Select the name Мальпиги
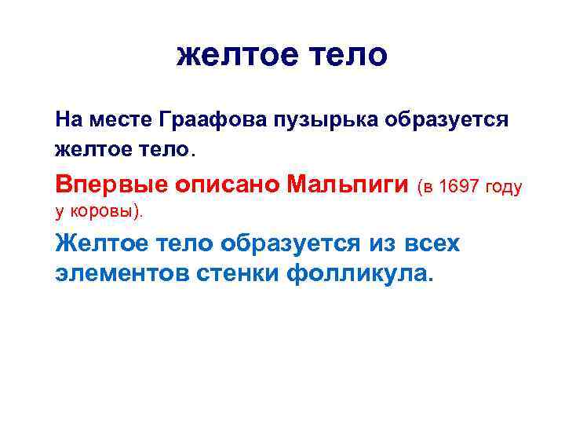(348, 185)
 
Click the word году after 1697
(504, 187)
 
